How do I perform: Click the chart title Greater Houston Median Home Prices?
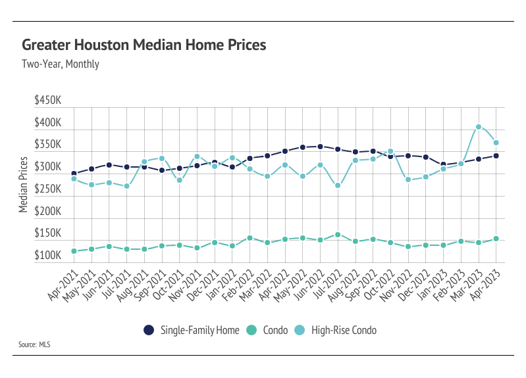point(144,45)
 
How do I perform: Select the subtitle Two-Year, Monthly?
point(61,64)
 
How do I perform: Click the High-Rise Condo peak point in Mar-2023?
point(479,127)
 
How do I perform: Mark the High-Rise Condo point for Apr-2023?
point(496,143)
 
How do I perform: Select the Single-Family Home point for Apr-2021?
point(74,174)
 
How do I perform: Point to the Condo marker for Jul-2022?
point(338,235)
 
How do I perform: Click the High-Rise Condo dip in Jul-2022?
point(338,185)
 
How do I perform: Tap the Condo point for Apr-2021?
point(74,251)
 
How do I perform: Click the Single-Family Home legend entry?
point(186,330)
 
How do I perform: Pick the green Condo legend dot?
point(252,330)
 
